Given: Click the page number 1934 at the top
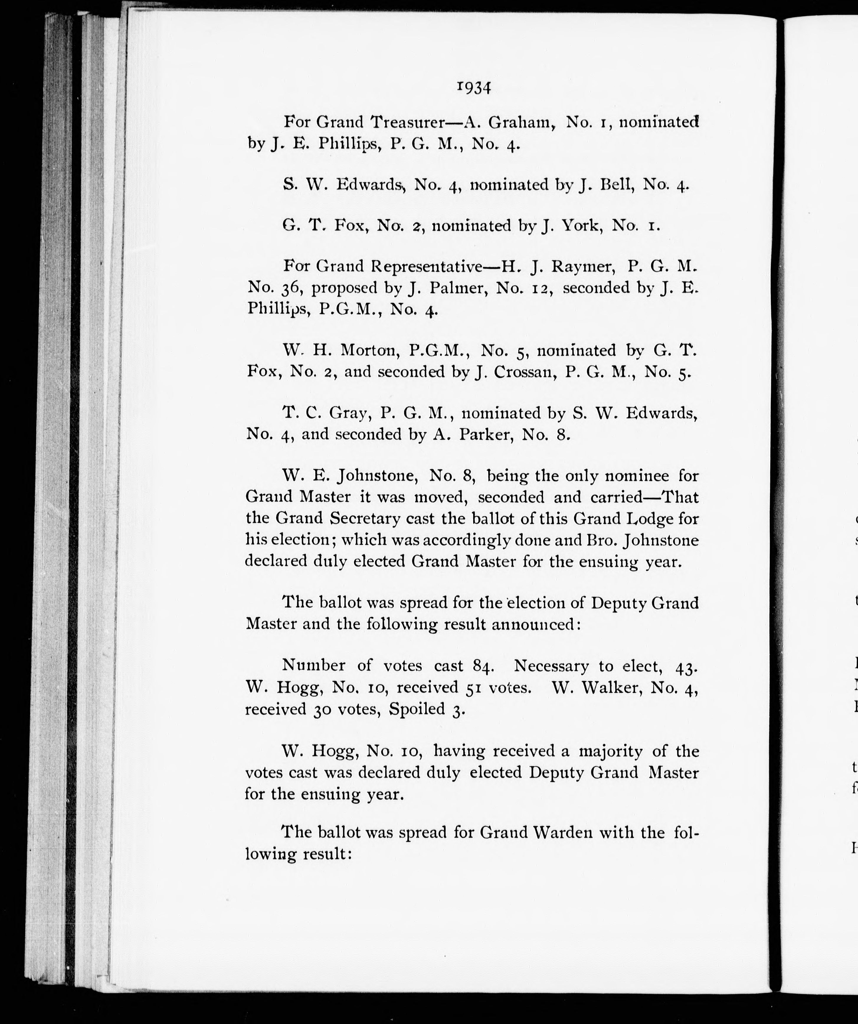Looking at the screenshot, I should [x=474, y=88].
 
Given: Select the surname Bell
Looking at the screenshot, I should [x=617, y=184].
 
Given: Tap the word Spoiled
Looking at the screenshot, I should [x=417, y=709].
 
